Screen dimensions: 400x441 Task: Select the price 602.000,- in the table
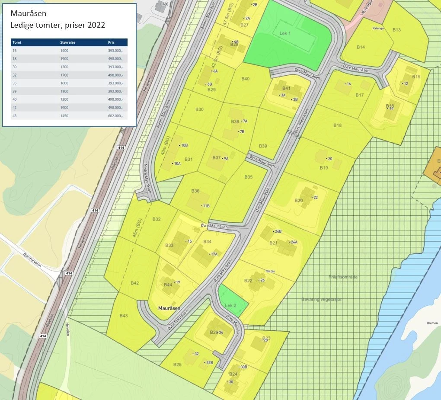coord(115,116)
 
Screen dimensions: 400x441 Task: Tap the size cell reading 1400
coord(64,51)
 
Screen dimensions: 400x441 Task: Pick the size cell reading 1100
coord(64,91)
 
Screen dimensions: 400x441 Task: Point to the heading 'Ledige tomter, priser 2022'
coord(58,25)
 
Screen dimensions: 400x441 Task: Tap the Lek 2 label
coord(230,305)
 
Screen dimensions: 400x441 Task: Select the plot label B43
coord(124,316)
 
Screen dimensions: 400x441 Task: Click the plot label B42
coord(134,283)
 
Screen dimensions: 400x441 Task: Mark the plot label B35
coord(248,177)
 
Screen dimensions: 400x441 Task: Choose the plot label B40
coord(245,79)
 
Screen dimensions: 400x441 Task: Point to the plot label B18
coord(337,125)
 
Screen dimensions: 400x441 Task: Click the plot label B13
coord(396,30)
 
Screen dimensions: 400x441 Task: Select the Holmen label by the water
coord(432,323)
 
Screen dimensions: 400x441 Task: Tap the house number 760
coord(165,4)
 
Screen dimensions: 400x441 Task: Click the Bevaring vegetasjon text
coord(322,299)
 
